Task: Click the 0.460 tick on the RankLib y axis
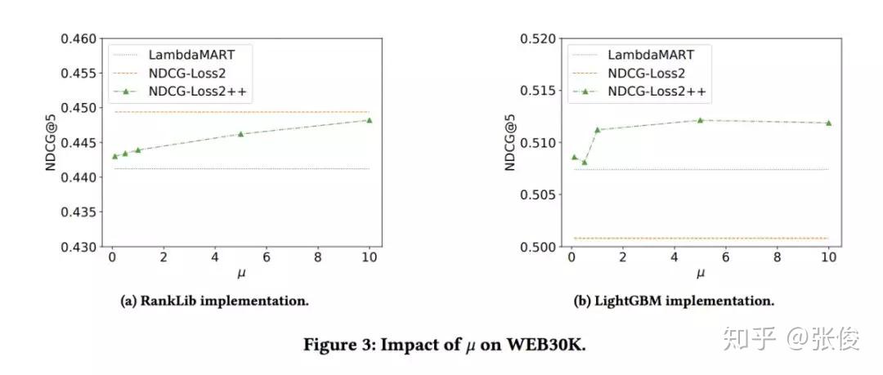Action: coord(81,38)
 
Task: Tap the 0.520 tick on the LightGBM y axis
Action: coord(540,38)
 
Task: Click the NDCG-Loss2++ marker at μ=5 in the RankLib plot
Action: coord(240,133)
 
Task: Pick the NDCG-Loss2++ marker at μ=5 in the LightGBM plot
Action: coord(700,120)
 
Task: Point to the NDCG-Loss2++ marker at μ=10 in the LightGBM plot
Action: coord(828,123)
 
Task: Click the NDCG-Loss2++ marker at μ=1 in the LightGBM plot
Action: coord(597,129)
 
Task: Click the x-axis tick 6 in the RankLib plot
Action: coord(267,258)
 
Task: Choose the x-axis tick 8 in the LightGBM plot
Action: coord(777,258)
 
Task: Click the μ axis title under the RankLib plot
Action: coord(240,273)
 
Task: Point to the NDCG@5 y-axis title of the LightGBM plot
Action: coord(509,142)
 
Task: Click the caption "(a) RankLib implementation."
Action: coord(214,301)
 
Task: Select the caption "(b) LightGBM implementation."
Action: coord(675,301)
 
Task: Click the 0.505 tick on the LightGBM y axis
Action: coord(540,194)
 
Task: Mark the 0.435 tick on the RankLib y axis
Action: coord(81,212)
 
